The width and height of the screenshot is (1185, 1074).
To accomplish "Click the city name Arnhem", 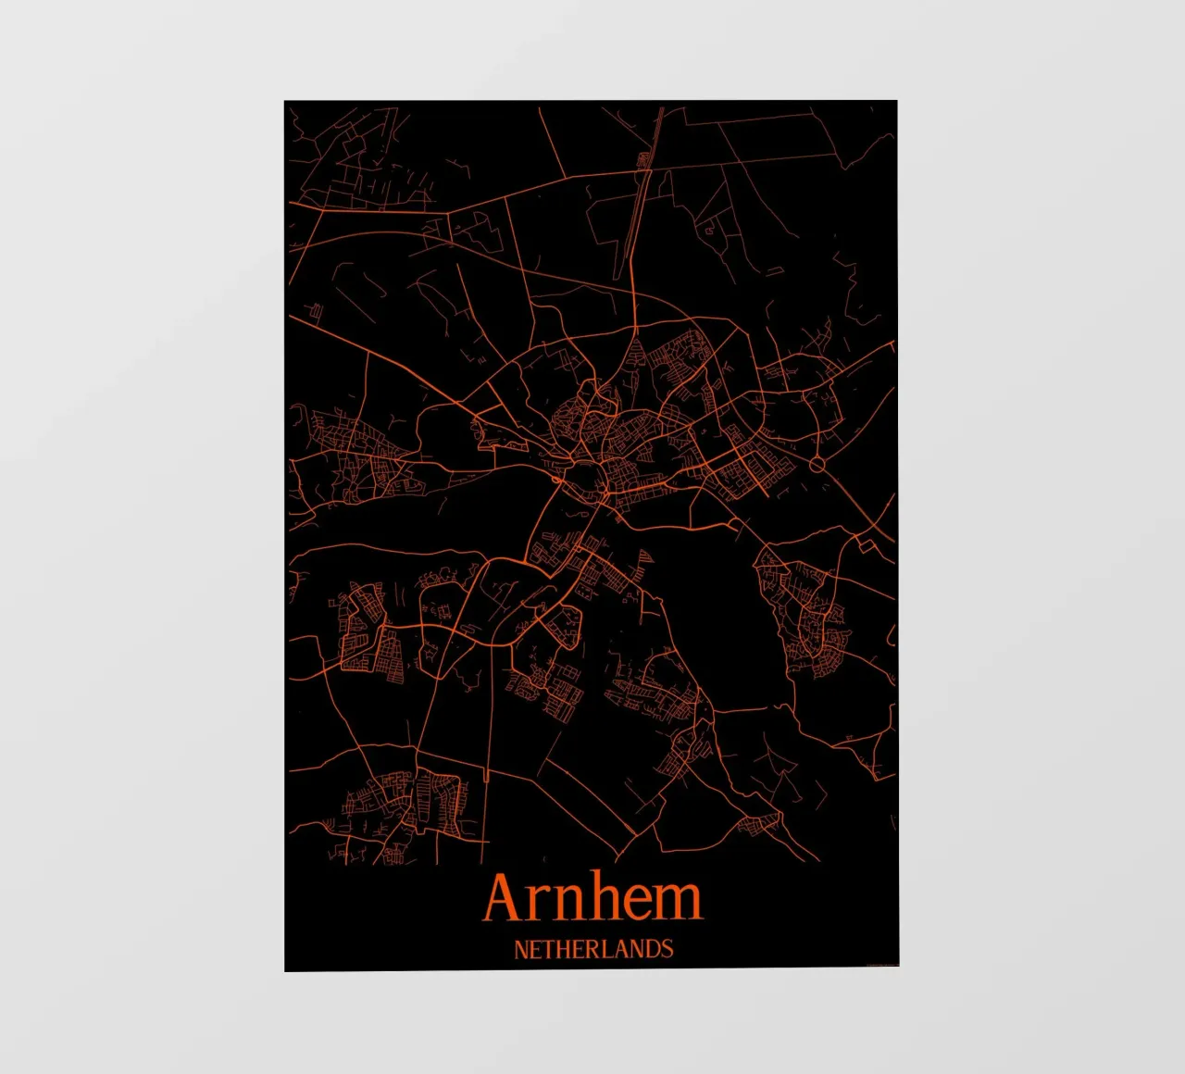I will (592, 898).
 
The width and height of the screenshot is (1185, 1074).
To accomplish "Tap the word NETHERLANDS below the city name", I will (593, 949).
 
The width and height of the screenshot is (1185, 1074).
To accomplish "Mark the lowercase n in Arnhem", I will (565, 903).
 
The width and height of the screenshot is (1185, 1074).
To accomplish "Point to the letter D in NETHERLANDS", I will (652, 949).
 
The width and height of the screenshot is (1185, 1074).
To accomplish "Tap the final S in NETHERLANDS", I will (667, 949).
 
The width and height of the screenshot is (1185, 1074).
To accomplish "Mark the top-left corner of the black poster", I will (285, 101).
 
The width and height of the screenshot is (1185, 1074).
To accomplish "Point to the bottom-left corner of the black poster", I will (285, 970).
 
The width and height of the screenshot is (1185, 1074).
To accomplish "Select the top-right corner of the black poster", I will (896, 101).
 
